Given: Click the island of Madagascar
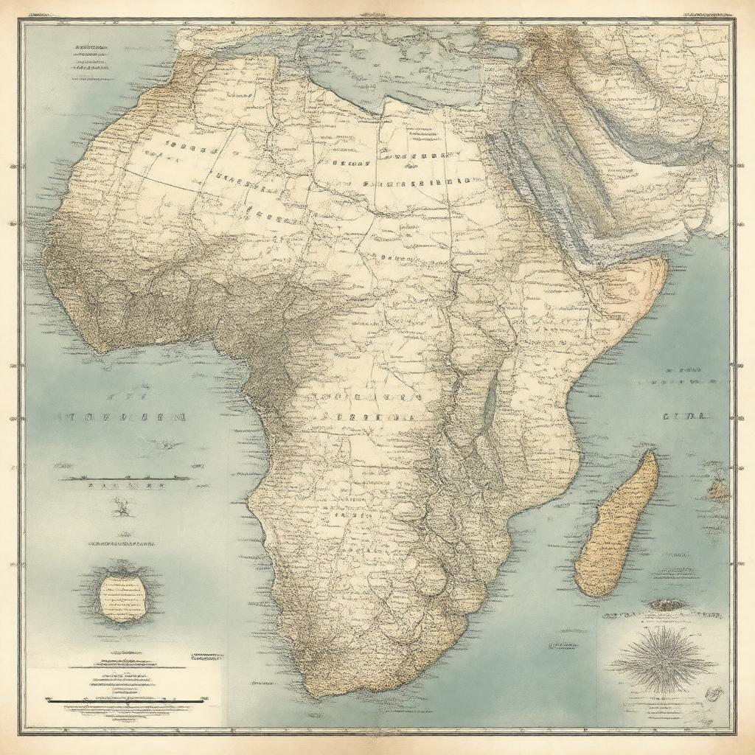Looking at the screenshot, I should [616, 525].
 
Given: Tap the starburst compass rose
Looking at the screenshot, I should [662, 659].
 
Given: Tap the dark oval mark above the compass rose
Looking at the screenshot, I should [665, 605].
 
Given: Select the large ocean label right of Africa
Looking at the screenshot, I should [685, 417].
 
